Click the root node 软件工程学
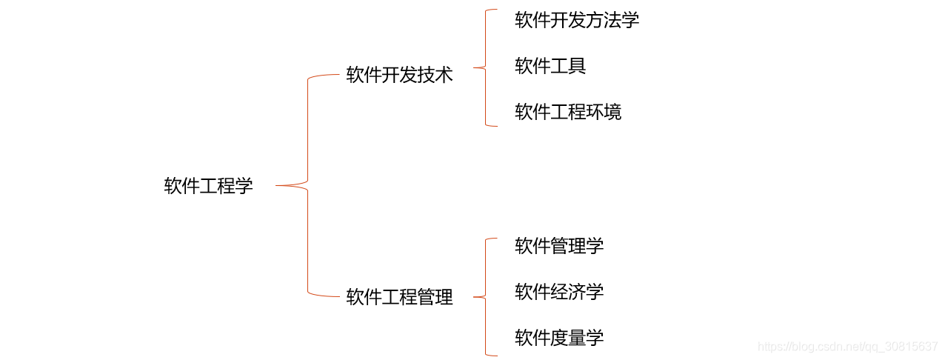pos(208,186)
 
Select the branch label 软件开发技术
pos(399,75)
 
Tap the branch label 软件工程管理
pos(399,298)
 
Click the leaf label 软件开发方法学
pos(577,20)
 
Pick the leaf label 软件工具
pos(550,66)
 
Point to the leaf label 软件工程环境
pos(568,112)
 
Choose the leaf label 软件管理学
pos(559,246)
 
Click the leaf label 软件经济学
pos(559,292)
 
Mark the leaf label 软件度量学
pos(559,338)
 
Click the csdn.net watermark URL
pos(849,347)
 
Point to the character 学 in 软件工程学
pos(244,186)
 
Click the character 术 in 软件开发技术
pos(444,75)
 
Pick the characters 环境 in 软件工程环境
pos(604,112)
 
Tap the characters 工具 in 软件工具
pos(568,66)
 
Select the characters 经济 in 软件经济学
pos(568,292)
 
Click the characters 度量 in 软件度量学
pos(568,338)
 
